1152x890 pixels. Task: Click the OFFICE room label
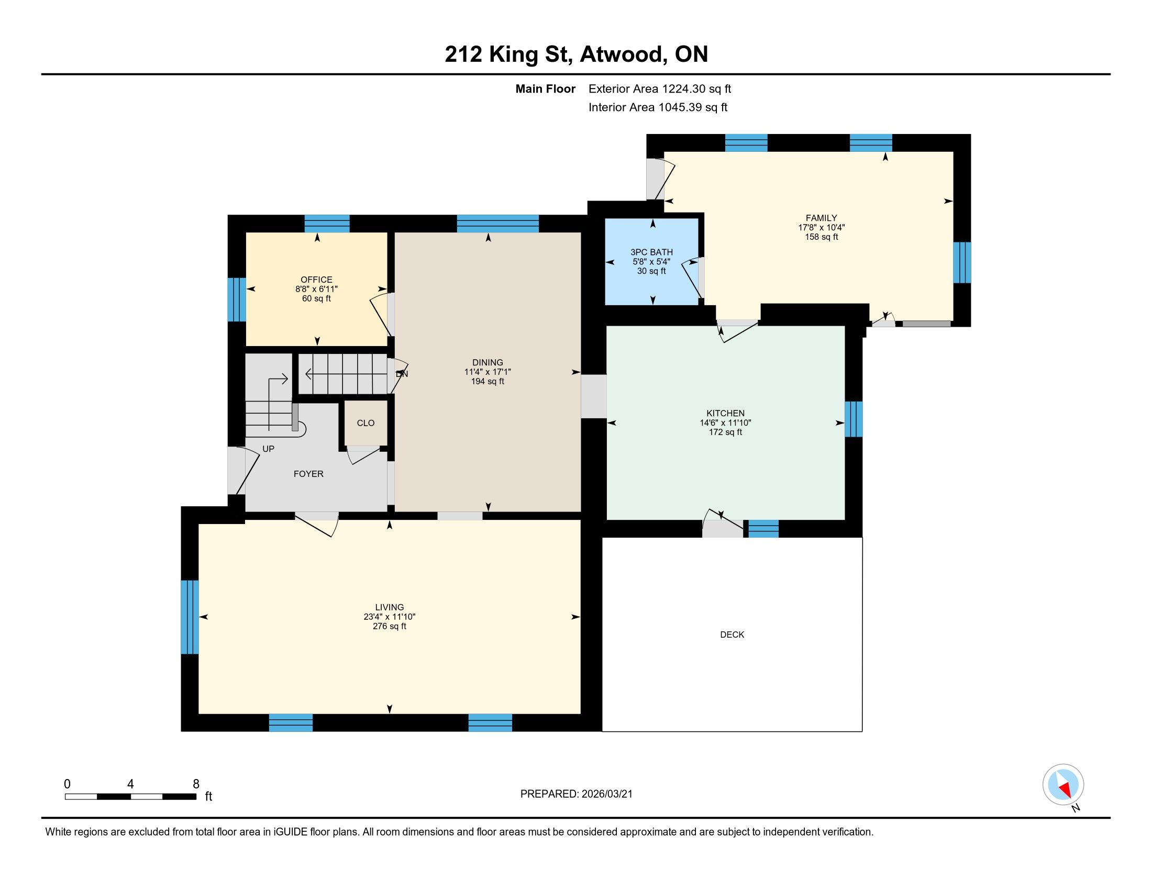(316, 280)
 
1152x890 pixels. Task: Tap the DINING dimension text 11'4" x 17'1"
(488, 372)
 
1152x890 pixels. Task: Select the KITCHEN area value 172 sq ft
(725, 432)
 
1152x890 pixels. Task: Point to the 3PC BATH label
(651, 252)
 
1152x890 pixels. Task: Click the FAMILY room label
(821, 218)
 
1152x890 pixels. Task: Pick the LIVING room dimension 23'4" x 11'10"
(389, 617)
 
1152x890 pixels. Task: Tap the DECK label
(732, 635)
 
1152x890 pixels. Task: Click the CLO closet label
(365, 423)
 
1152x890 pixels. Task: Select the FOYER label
(308, 474)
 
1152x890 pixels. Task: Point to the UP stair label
(269, 449)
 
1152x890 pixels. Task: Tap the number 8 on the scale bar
(196, 784)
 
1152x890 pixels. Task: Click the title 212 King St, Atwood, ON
(576, 54)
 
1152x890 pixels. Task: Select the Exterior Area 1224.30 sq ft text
(660, 89)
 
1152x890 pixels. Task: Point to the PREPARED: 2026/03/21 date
(576, 794)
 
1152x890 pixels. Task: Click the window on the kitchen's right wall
(854, 419)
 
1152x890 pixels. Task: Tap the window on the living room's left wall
(190, 617)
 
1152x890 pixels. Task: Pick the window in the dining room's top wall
(498, 224)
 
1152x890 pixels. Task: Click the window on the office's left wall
(237, 299)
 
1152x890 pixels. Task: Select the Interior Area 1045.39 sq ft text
(658, 107)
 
